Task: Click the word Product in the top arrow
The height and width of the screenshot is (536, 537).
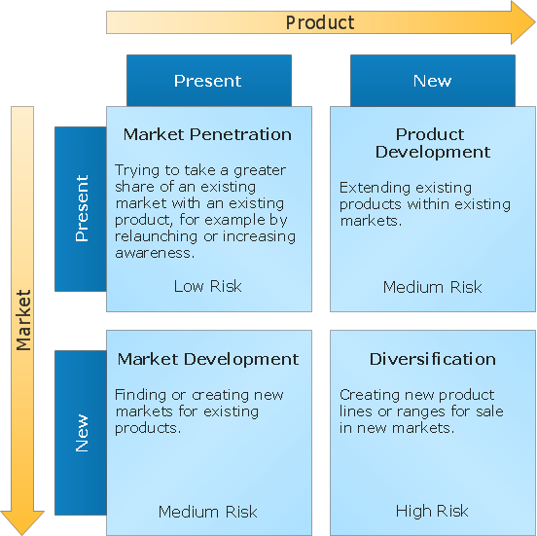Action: click(319, 21)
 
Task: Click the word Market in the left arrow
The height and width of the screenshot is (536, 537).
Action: click(23, 319)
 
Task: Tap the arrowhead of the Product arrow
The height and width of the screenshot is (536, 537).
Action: click(521, 21)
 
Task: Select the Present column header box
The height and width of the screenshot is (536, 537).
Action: click(208, 81)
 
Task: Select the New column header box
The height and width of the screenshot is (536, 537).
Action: click(432, 81)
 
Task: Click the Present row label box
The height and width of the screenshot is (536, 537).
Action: click(81, 208)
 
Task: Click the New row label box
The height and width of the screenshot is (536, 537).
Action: click(81, 433)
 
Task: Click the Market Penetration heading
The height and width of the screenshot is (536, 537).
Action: click(207, 134)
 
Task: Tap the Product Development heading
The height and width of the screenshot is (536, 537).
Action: click(432, 143)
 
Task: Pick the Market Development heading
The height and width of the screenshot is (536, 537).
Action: click(208, 359)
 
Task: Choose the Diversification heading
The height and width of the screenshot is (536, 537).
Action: click(432, 359)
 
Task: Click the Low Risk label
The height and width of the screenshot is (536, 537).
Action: click(207, 286)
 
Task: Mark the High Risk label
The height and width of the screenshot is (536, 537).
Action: click(432, 511)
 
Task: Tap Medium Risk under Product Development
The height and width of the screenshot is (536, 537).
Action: click(432, 287)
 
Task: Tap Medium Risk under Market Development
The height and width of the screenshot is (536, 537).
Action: click(207, 512)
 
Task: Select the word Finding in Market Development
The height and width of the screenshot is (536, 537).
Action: click(140, 395)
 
